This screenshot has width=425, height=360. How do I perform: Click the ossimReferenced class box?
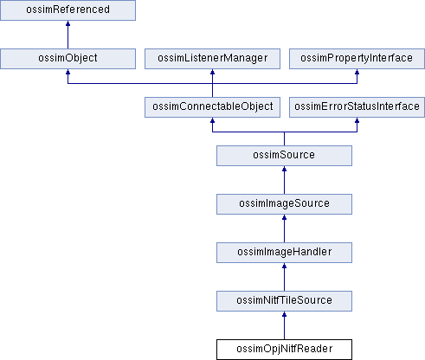click(68, 10)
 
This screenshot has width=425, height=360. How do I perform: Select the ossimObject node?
click(68, 59)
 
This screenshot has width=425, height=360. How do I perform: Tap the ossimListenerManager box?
click(212, 59)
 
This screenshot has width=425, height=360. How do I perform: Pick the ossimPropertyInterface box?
click(357, 59)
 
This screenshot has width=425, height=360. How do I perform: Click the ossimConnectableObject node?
click(212, 107)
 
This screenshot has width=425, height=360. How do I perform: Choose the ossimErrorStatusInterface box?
click(357, 107)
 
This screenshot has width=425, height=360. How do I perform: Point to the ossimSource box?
click(284, 156)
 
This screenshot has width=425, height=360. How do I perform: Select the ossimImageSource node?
click(284, 204)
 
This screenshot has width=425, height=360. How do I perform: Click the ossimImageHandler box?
click(284, 253)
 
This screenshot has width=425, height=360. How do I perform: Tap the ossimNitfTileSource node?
click(284, 301)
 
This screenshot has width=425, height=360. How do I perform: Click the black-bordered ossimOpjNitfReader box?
click(284, 350)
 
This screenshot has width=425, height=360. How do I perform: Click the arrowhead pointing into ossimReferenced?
click(68, 23)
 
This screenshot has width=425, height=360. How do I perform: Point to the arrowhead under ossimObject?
click(68, 72)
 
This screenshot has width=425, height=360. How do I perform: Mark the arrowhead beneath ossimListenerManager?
click(212, 72)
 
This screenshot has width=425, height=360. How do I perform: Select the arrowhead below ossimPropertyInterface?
click(357, 72)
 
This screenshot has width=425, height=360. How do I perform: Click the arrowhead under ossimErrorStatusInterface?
click(357, 120)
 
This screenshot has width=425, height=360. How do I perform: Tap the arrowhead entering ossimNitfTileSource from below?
click(284, 314)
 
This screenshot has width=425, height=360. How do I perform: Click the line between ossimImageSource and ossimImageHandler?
click(284, 228)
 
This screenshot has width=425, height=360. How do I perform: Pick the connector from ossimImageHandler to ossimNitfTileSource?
click(284, 277)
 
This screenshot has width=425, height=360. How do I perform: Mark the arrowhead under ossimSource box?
click(284, 169)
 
